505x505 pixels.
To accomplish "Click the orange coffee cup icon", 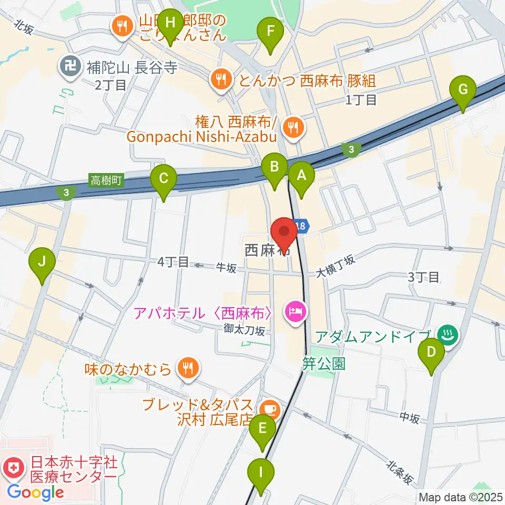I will pos(271,407).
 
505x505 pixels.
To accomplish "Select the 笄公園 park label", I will pos(324,363).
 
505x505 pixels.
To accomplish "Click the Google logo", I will pos(35,492).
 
